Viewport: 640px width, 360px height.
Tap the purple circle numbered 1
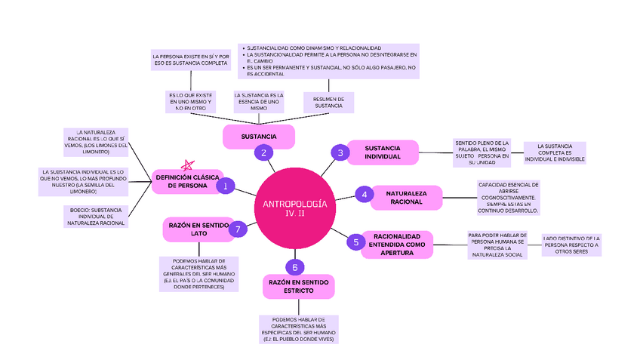225,184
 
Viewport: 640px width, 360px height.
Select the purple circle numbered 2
263,152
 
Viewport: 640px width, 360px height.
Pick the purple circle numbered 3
340,153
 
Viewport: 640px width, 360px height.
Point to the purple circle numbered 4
364,195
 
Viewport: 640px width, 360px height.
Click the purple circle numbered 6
295,267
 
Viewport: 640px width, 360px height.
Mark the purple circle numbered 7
237,229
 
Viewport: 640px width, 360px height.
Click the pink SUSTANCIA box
259,137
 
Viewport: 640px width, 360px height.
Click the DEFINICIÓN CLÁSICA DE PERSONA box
187,180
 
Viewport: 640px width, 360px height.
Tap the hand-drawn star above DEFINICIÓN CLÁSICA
187,164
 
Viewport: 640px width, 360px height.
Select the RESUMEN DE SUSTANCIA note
329,102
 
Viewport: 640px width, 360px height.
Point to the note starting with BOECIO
95,217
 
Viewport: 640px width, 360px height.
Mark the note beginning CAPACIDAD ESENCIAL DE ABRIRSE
508,198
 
